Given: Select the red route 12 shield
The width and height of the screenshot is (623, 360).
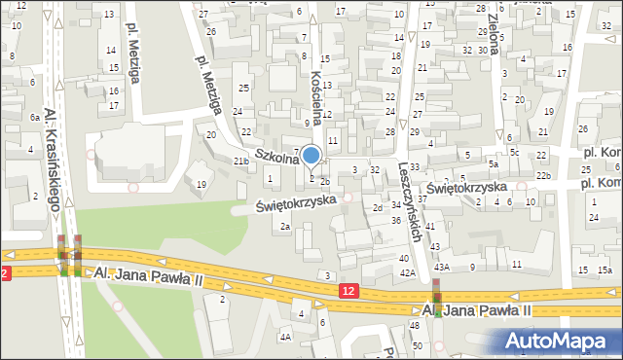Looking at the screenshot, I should (x=349, y=291).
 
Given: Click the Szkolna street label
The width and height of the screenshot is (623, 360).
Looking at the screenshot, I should (x=275, y=156).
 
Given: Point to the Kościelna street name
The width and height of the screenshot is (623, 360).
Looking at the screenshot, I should (x=315, y=97).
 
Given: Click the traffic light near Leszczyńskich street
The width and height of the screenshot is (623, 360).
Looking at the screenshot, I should (x=437, y=298).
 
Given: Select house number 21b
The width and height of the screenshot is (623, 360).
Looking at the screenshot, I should (x=240, y=161).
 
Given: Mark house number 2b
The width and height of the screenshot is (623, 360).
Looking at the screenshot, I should (x=325, y=181).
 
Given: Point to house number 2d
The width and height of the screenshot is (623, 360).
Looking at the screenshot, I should (x=377, y=208).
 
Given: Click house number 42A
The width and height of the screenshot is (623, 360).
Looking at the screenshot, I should (x=407, y=273).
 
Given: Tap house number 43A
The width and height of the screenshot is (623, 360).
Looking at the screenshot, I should (x=442, y=267).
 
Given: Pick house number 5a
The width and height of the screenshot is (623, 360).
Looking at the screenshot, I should (x=494, y=164).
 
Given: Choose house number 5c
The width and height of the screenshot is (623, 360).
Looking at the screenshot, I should (x=513, y=153).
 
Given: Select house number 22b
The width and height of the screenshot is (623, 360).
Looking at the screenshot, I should (x=544, y=175).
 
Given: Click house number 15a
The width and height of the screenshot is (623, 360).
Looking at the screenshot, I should (x=605, y=270).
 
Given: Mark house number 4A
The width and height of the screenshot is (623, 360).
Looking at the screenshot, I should (x=285, y=337).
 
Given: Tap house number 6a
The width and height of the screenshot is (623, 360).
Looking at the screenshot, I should (x=34, y=117).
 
